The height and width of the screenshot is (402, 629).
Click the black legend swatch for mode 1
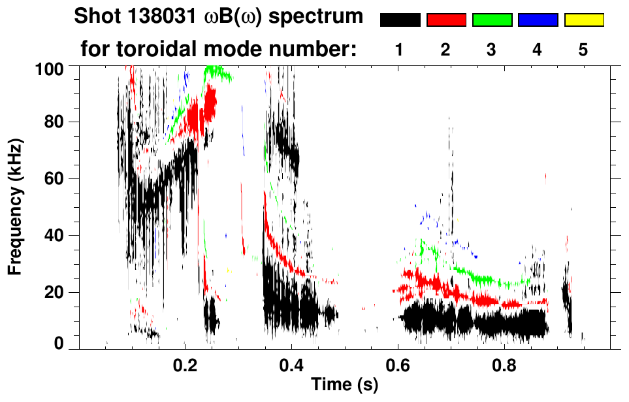(x=400, y=20)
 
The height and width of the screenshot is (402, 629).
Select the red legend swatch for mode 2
(x=446, y=20)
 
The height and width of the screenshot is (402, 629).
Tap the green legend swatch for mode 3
(x=492, y=20)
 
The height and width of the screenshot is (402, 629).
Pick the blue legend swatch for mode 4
(x=538, y=20)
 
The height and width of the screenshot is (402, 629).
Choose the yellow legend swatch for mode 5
(x=583, y=20)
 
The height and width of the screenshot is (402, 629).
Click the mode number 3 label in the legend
(x=492, y=50)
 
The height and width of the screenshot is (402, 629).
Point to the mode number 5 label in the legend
(x=583, y=50)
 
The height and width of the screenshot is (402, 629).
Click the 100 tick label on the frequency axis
(x=50, y=68)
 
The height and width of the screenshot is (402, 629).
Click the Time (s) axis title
(x=344, y=386)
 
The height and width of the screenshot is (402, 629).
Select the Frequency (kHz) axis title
(x=14, y=207)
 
